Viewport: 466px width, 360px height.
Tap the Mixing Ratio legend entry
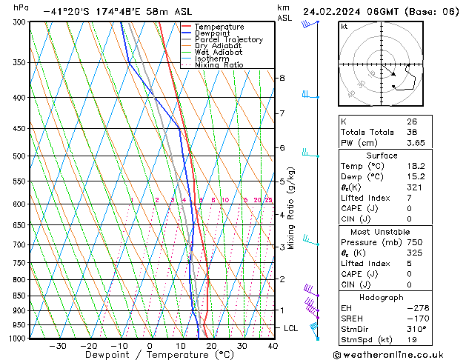(x=219, y=65)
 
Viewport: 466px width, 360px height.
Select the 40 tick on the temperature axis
(x=273, y=346)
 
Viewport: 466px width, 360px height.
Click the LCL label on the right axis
(x=291, y=328)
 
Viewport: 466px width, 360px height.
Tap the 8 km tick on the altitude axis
(x=282, y=78)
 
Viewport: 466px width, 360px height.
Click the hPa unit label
(x=21, y=7)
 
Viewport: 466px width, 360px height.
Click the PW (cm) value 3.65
(x=416, y=142)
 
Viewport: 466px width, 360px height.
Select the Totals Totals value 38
(x=411, y=131)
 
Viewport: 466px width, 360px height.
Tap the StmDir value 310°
(x=415, y=329)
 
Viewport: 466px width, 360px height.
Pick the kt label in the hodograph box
(x=344, y=26)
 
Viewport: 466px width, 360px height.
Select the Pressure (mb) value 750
(x=413, y=242)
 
